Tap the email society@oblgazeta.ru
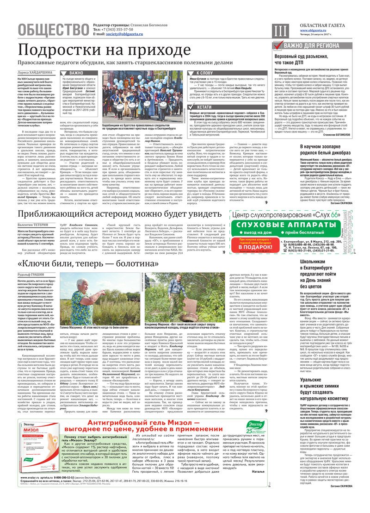pyautogui.click(x=123, y=34)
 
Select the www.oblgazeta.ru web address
pyautogui.click(x=316, y=30)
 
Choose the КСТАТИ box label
pyautogui.click(x=204, y=119)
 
